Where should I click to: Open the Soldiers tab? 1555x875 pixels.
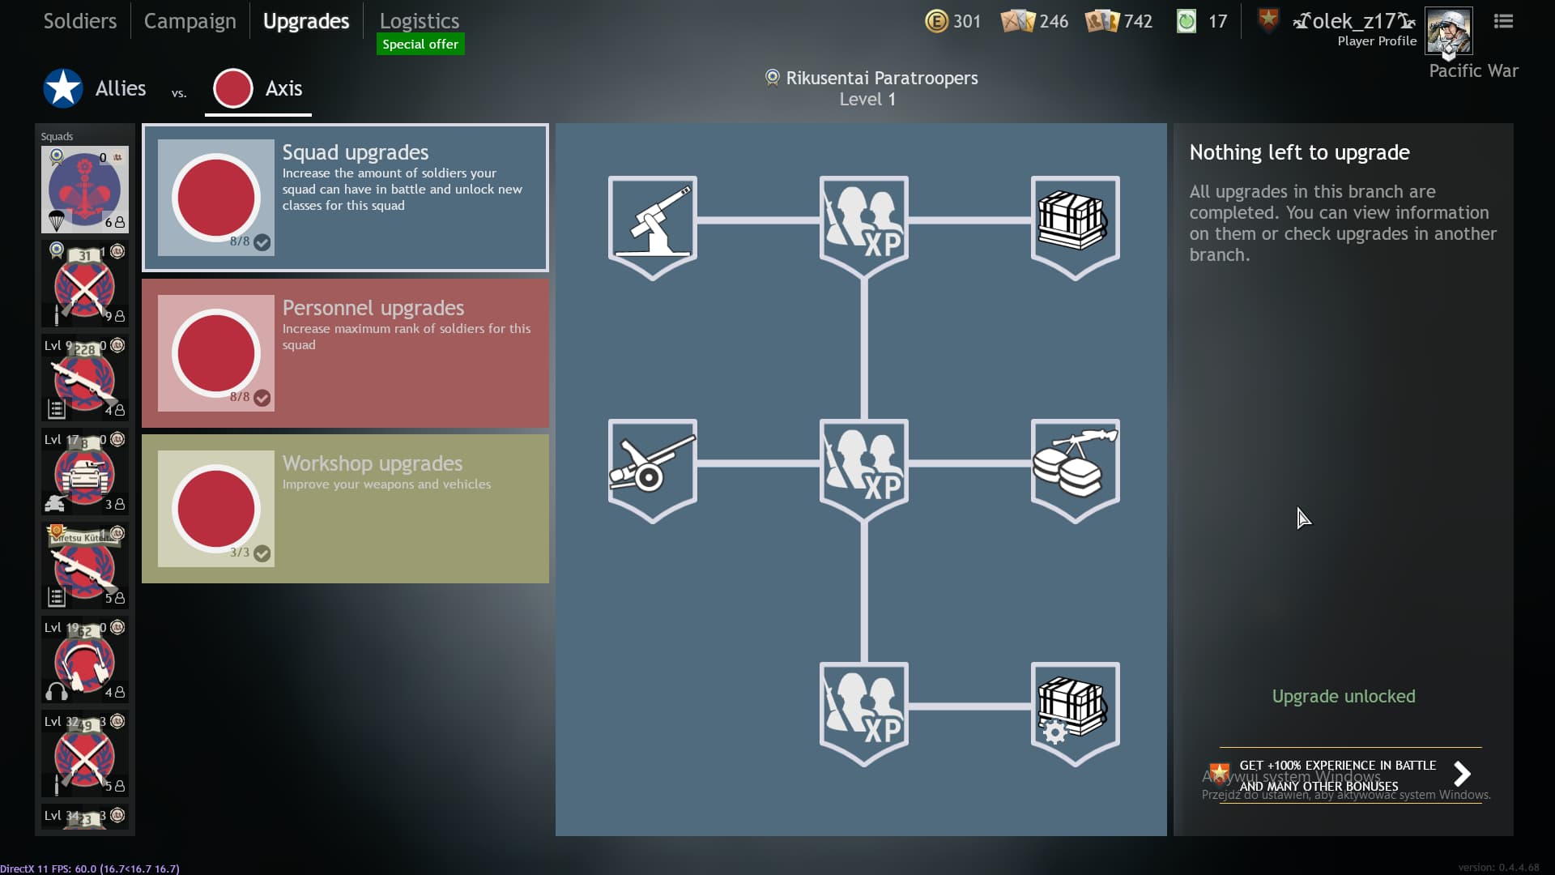point(79,21)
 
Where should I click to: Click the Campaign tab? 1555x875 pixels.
point(190,21)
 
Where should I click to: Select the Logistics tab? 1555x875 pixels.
point(419,21)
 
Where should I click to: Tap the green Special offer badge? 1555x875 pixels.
point(420,44)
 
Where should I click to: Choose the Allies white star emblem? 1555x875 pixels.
point(63,88)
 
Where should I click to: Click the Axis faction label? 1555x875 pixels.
point(283,88)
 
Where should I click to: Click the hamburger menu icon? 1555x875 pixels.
point(1503,21)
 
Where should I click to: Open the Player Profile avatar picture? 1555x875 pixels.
point(1448,31)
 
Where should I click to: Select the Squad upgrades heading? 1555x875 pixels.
point(355,152)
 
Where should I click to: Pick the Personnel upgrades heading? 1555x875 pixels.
point(373,308)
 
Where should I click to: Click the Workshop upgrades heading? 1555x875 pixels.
point(372,463)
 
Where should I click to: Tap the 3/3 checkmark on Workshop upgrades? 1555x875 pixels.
point(262,553)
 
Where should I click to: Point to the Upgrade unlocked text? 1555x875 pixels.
point(1343,696)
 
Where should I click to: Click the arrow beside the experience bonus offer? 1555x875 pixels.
point(1462,774)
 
